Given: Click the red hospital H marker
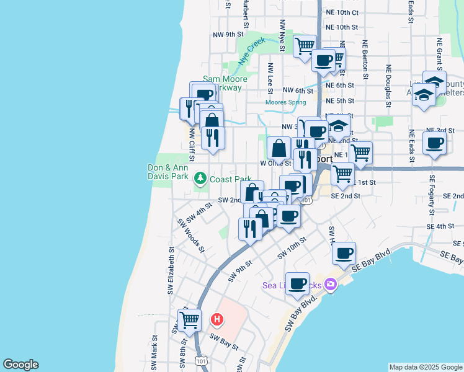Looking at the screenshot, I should click(x=217, y=320).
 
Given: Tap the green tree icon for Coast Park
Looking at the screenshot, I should click(x=200, y=179).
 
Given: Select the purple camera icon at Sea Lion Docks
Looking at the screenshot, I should click(x=331, y=284).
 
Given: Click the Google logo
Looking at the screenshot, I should click(x=20, y=365).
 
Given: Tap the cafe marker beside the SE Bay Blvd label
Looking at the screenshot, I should click(x=344, y=252).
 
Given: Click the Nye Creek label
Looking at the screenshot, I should click(x=252, y=51).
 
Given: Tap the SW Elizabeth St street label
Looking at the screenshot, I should click(x=171, y=272).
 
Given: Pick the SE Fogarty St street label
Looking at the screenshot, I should click(x=432, y=195).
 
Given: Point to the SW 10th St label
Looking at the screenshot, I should click(x=292, y=247).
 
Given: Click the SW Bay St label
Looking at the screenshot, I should click(x=223, y=342).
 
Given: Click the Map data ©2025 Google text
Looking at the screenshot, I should click(x=425, y=367).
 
